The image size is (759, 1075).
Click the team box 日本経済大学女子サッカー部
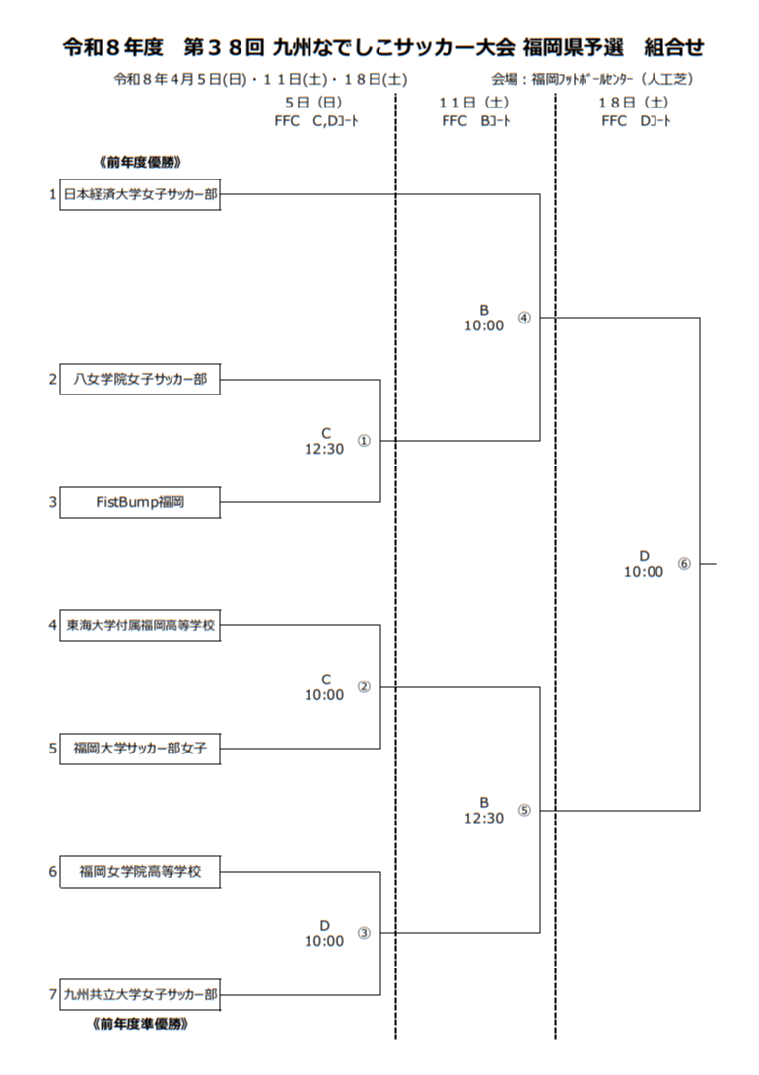140,195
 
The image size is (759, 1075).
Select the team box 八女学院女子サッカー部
140,380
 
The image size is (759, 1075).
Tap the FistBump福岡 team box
140,502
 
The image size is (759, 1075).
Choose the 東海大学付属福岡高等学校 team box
140,625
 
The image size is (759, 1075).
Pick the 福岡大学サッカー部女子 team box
140,749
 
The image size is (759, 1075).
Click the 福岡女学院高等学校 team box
140,872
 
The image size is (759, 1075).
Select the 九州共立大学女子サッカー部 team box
140,995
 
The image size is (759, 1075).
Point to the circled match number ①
364,441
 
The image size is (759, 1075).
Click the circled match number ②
364,687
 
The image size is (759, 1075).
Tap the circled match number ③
364,933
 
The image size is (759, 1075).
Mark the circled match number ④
523,318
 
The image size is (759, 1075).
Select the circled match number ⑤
523,811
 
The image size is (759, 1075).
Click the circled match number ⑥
684,564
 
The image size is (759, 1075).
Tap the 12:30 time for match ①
324,449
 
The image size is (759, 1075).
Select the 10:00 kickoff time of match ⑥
644,572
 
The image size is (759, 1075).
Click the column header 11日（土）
474,103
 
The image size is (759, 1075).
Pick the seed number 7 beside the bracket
53,995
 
